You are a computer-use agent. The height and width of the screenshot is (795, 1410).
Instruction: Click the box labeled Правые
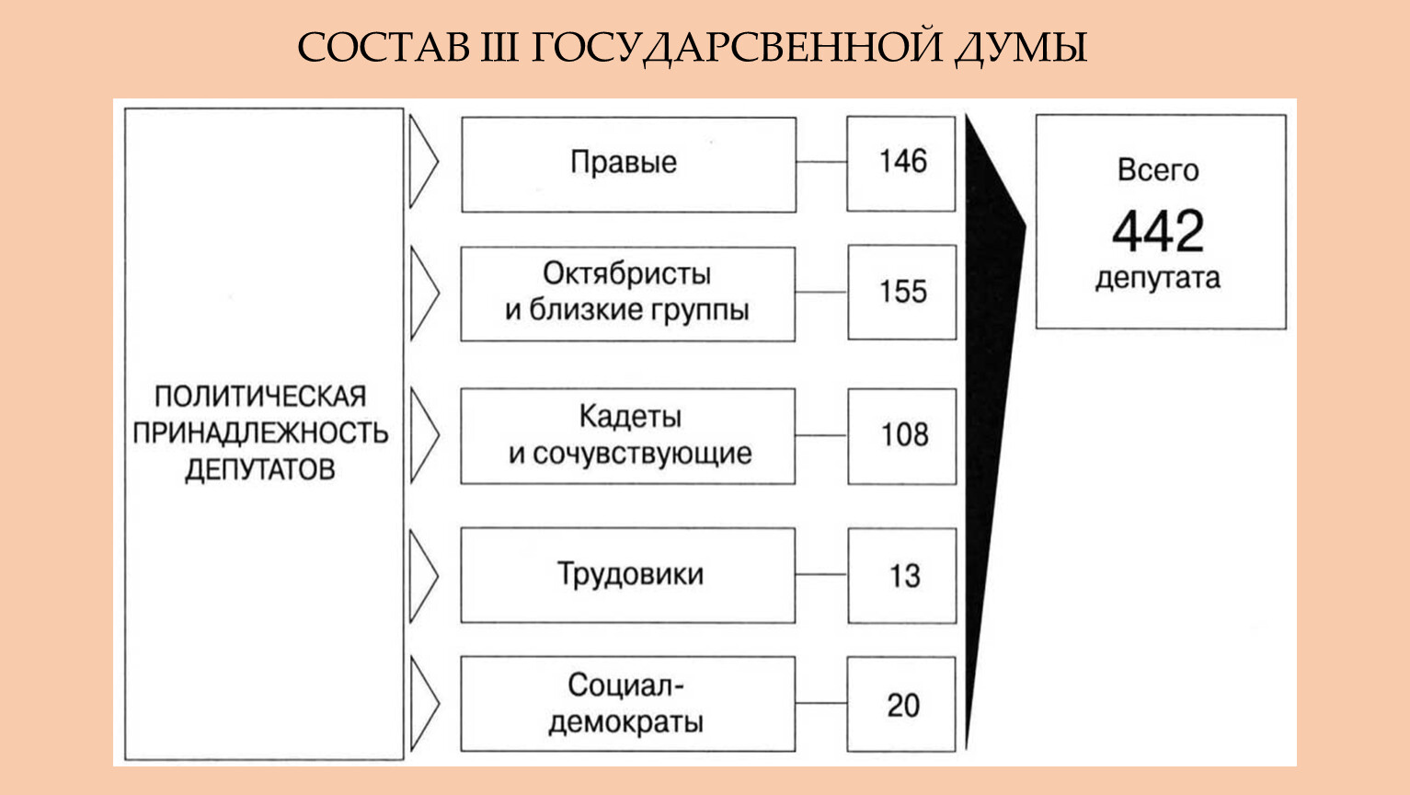(x=629, y=165)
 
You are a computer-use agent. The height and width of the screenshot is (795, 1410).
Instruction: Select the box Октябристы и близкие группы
(x=628, y=294)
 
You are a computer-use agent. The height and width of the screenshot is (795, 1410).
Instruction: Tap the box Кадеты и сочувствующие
(x=628, y=436)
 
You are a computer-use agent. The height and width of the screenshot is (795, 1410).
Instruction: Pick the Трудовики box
(x=628, y=575)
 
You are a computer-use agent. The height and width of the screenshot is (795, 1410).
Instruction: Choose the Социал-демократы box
(x=628, y=704)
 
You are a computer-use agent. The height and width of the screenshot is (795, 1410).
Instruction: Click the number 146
(x=902, y=162)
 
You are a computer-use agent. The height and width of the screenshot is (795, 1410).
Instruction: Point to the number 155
(x=902, y=292)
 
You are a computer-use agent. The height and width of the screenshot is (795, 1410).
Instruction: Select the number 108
(x=904, y=434)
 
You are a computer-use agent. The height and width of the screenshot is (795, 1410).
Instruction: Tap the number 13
(x=904, y=576)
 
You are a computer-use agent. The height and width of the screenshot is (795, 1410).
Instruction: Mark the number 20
(x=903, y=705)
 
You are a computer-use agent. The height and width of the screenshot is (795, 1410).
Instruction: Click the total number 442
(x=1158, y=231)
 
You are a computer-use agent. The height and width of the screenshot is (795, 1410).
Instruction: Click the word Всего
(x=1158, y=170)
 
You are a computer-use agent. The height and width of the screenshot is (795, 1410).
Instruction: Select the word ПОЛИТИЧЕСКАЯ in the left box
(x=260, y=397)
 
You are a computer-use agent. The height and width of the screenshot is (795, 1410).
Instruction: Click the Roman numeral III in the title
(x=499, y=47)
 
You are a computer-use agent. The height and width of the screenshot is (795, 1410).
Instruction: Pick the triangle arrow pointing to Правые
(x=424, y=162)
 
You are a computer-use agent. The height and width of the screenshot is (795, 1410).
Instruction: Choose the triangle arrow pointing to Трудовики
(x=424, y=576)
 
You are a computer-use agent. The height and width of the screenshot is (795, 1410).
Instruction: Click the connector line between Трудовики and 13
(x=821, y=574)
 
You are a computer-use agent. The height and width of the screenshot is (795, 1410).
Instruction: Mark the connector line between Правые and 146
(x=821, y=162)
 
